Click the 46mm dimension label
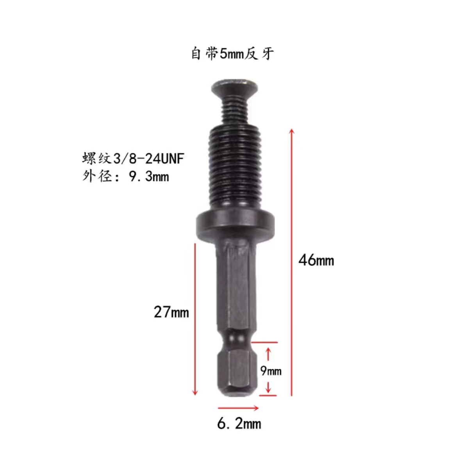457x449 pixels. [316, 260]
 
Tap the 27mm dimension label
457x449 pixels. [171, 312]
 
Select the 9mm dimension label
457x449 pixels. [271, 371]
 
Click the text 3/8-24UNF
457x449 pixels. [149, 159]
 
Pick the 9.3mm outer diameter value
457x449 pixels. [149, 176]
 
